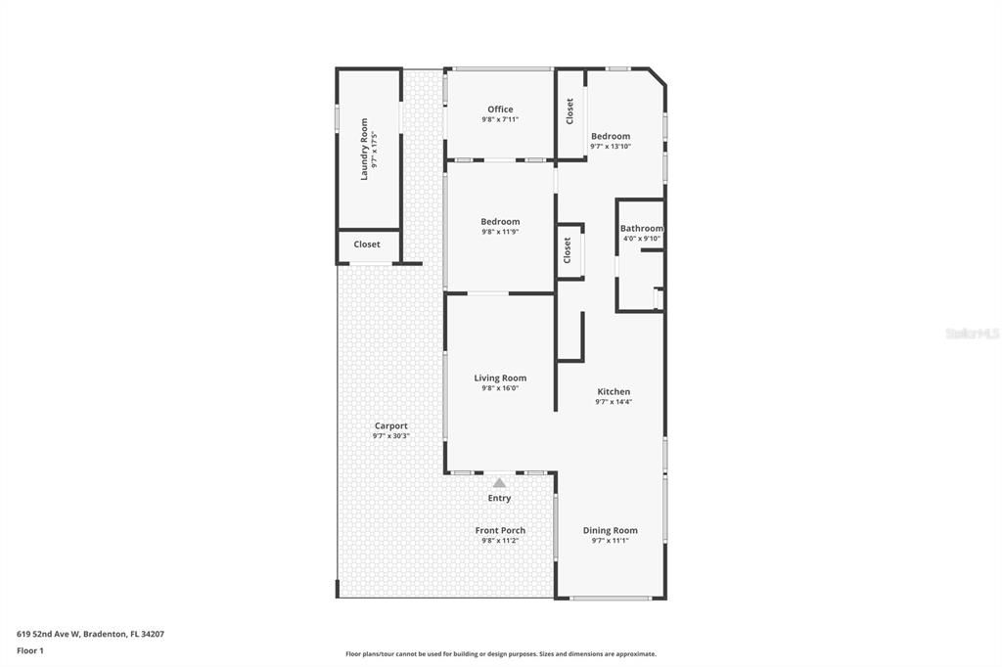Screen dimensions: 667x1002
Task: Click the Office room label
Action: tap(500, 110)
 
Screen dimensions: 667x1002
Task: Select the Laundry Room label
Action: tap(364, 149)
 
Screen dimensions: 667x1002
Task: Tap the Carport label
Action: tap(390, 425)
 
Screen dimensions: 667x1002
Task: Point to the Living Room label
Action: tap(500, 378)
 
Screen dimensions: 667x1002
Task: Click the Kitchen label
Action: tap(614, 391)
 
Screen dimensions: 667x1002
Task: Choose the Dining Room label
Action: tap(611, 530)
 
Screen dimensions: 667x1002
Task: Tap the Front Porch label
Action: tap(500, 530)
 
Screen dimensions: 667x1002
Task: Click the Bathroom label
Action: tap(641, 229)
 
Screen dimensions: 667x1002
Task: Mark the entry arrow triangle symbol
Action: tap(500, 482)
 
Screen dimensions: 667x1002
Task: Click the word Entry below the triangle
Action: tap(500, 498)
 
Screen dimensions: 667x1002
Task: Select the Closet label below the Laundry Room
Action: tap(367, 245)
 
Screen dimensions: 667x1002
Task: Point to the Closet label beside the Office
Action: tap(570, 111)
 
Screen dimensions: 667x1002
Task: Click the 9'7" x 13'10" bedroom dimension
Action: tap(611, 147)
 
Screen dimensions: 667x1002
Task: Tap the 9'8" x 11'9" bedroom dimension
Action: tap(500, 232)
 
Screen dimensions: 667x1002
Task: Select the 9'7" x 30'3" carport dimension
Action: tap(390, 436)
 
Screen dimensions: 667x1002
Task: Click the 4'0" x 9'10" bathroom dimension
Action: tap(642, 239)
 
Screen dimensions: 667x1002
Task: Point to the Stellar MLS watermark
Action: tap(972, 333)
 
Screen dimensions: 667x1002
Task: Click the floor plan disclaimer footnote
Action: tap(500, 654)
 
